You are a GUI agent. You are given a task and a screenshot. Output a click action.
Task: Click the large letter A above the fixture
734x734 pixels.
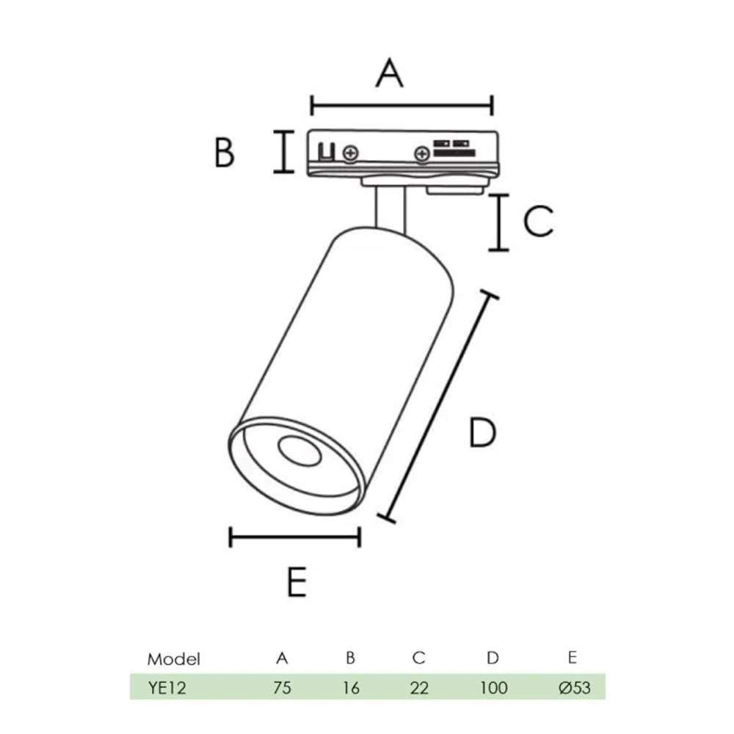tap(390, 73)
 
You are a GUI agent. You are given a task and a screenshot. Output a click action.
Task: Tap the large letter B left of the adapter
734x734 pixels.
tap(224, 152)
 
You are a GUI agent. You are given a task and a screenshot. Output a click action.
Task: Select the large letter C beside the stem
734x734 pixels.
tap(538, 220)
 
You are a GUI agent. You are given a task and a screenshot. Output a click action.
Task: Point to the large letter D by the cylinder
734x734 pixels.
tap(483, 432)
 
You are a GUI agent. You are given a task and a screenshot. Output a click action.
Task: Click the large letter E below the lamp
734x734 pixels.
tap(297, 581)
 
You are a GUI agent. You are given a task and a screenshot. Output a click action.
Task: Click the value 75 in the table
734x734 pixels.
tap(283, 688)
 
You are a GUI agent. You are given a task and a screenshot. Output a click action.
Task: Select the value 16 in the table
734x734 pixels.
tap(351, 688)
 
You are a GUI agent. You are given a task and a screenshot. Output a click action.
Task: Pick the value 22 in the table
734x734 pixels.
tap(419, 688)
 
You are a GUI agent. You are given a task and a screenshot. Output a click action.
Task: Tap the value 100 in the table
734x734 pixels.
tap(494, 688)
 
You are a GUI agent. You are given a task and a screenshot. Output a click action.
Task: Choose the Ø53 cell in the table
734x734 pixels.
tap(575, 688)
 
